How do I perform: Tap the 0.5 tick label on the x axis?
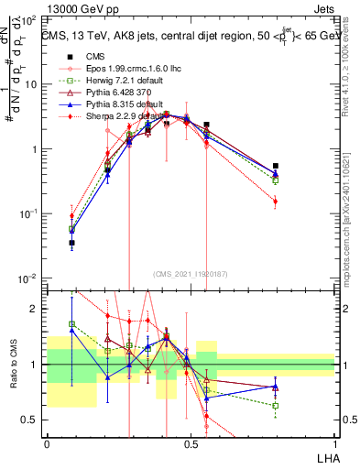click(191, 443)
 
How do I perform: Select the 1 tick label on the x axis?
click(333, 443)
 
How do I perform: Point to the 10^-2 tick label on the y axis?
click(27, 278)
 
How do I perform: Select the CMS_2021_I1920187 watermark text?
click(191, 274)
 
